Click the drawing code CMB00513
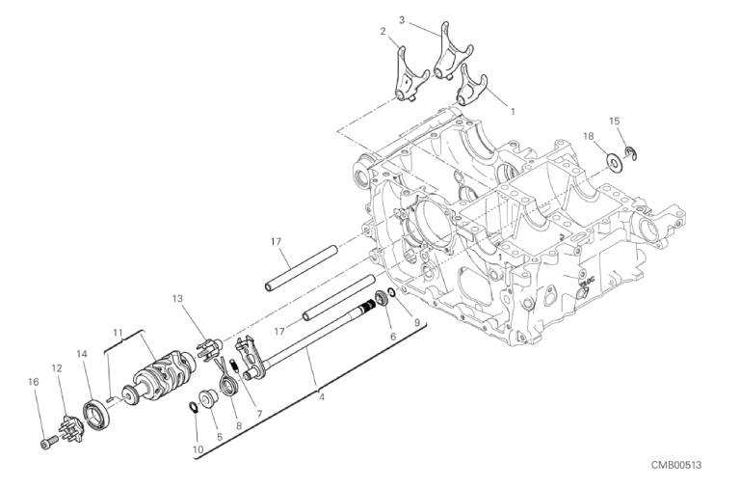676,465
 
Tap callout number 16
33,382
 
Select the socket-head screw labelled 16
48,444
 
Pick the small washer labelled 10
194,407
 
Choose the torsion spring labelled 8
227,378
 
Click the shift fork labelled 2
410,74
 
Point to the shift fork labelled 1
470,85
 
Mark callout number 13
177,299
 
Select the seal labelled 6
382,299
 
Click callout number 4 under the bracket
322,397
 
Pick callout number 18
588,137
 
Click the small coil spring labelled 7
234,366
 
